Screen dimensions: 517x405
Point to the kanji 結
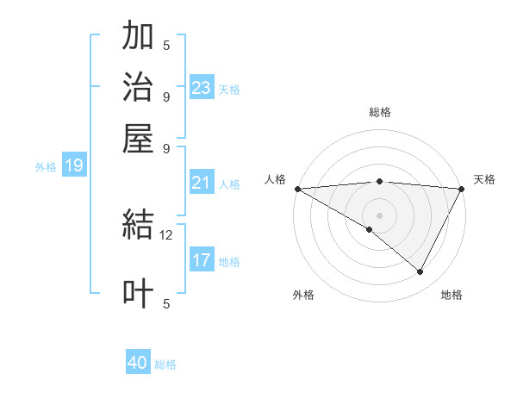coord(138,226)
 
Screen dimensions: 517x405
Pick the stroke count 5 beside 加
coord(166,45)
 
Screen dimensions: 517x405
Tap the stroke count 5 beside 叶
coord(166,302)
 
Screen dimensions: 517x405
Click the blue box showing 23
coord(201,87)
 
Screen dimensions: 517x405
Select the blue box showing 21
coord(201,183)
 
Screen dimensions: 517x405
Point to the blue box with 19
coord(73,165)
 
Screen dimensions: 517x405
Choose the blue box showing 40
coord(138,363)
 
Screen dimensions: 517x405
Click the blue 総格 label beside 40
coord(165,364)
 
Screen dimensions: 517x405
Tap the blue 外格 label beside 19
coord(46,167)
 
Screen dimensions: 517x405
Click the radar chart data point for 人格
coord(297,189)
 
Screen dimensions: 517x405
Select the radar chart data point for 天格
coord(462,189)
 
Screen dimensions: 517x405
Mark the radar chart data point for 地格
coord(420,271)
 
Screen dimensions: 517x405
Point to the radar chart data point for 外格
coord(370,229)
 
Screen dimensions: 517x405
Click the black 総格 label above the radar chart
coord(379,112)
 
